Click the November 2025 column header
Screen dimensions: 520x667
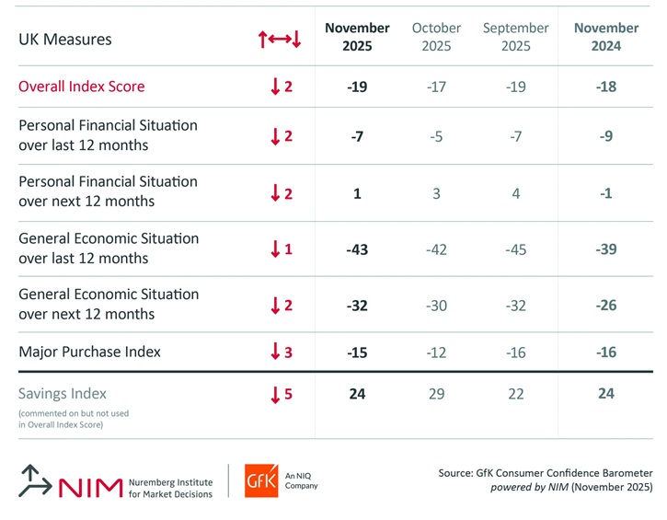click(357, 37)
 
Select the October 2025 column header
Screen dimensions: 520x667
click(437, 37)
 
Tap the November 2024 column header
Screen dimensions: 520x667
click(606, 37)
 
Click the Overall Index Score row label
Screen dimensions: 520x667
click(82, 87)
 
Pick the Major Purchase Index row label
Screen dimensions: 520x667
click(89, 351)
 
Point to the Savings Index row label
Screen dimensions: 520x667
click(63, 393)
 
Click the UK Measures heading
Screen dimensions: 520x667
click(65, 40)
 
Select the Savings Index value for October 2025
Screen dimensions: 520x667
click(437, 394)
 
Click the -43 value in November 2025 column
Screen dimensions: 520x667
click(357, 249)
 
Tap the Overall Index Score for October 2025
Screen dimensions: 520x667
click(437, 87)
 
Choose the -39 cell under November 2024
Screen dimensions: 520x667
click(606, 249)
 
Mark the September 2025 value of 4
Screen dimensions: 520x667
click(516, 193)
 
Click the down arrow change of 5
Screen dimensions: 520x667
click(281, 395)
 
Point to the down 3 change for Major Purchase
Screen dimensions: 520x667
click(281, 352)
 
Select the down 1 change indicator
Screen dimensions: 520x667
click(281, 249)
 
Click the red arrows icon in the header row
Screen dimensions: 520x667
click(280, 40)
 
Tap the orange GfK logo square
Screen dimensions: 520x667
click(261, 480)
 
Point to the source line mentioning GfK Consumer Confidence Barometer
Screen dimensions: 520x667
click(546, 473)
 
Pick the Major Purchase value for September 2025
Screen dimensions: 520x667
click(516, 352)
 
